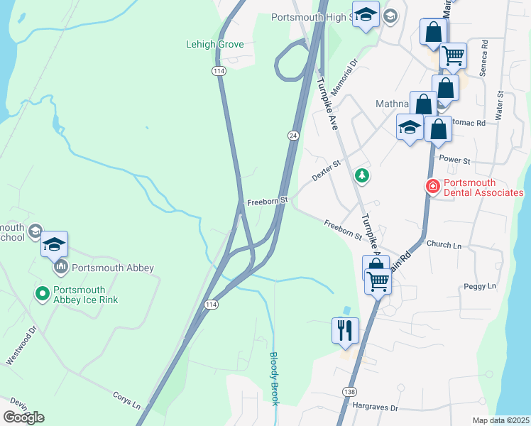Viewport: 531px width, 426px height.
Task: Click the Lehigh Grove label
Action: pos(214,44)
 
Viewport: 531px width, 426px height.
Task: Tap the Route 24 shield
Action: pos(292,135)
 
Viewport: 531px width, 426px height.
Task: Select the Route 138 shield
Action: pos(349,391)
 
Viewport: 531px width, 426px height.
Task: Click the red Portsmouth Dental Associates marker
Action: pos(432,187)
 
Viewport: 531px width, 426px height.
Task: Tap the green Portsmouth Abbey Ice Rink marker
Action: pos(42,292)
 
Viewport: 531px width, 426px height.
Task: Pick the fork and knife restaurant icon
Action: pos(345,329)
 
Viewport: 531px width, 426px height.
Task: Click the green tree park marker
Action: pos(362,175)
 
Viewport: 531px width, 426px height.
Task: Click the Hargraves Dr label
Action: pos(376,408)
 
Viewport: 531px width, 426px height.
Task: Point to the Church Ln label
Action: pos(444,244)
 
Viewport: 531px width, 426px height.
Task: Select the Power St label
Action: pos(455,160)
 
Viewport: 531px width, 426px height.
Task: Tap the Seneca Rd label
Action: pos(484,58)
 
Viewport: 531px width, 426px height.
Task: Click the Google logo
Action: pos(23,417)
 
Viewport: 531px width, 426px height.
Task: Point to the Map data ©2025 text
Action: pos(500,420)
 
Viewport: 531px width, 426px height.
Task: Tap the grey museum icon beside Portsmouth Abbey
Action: pos(61,268)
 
